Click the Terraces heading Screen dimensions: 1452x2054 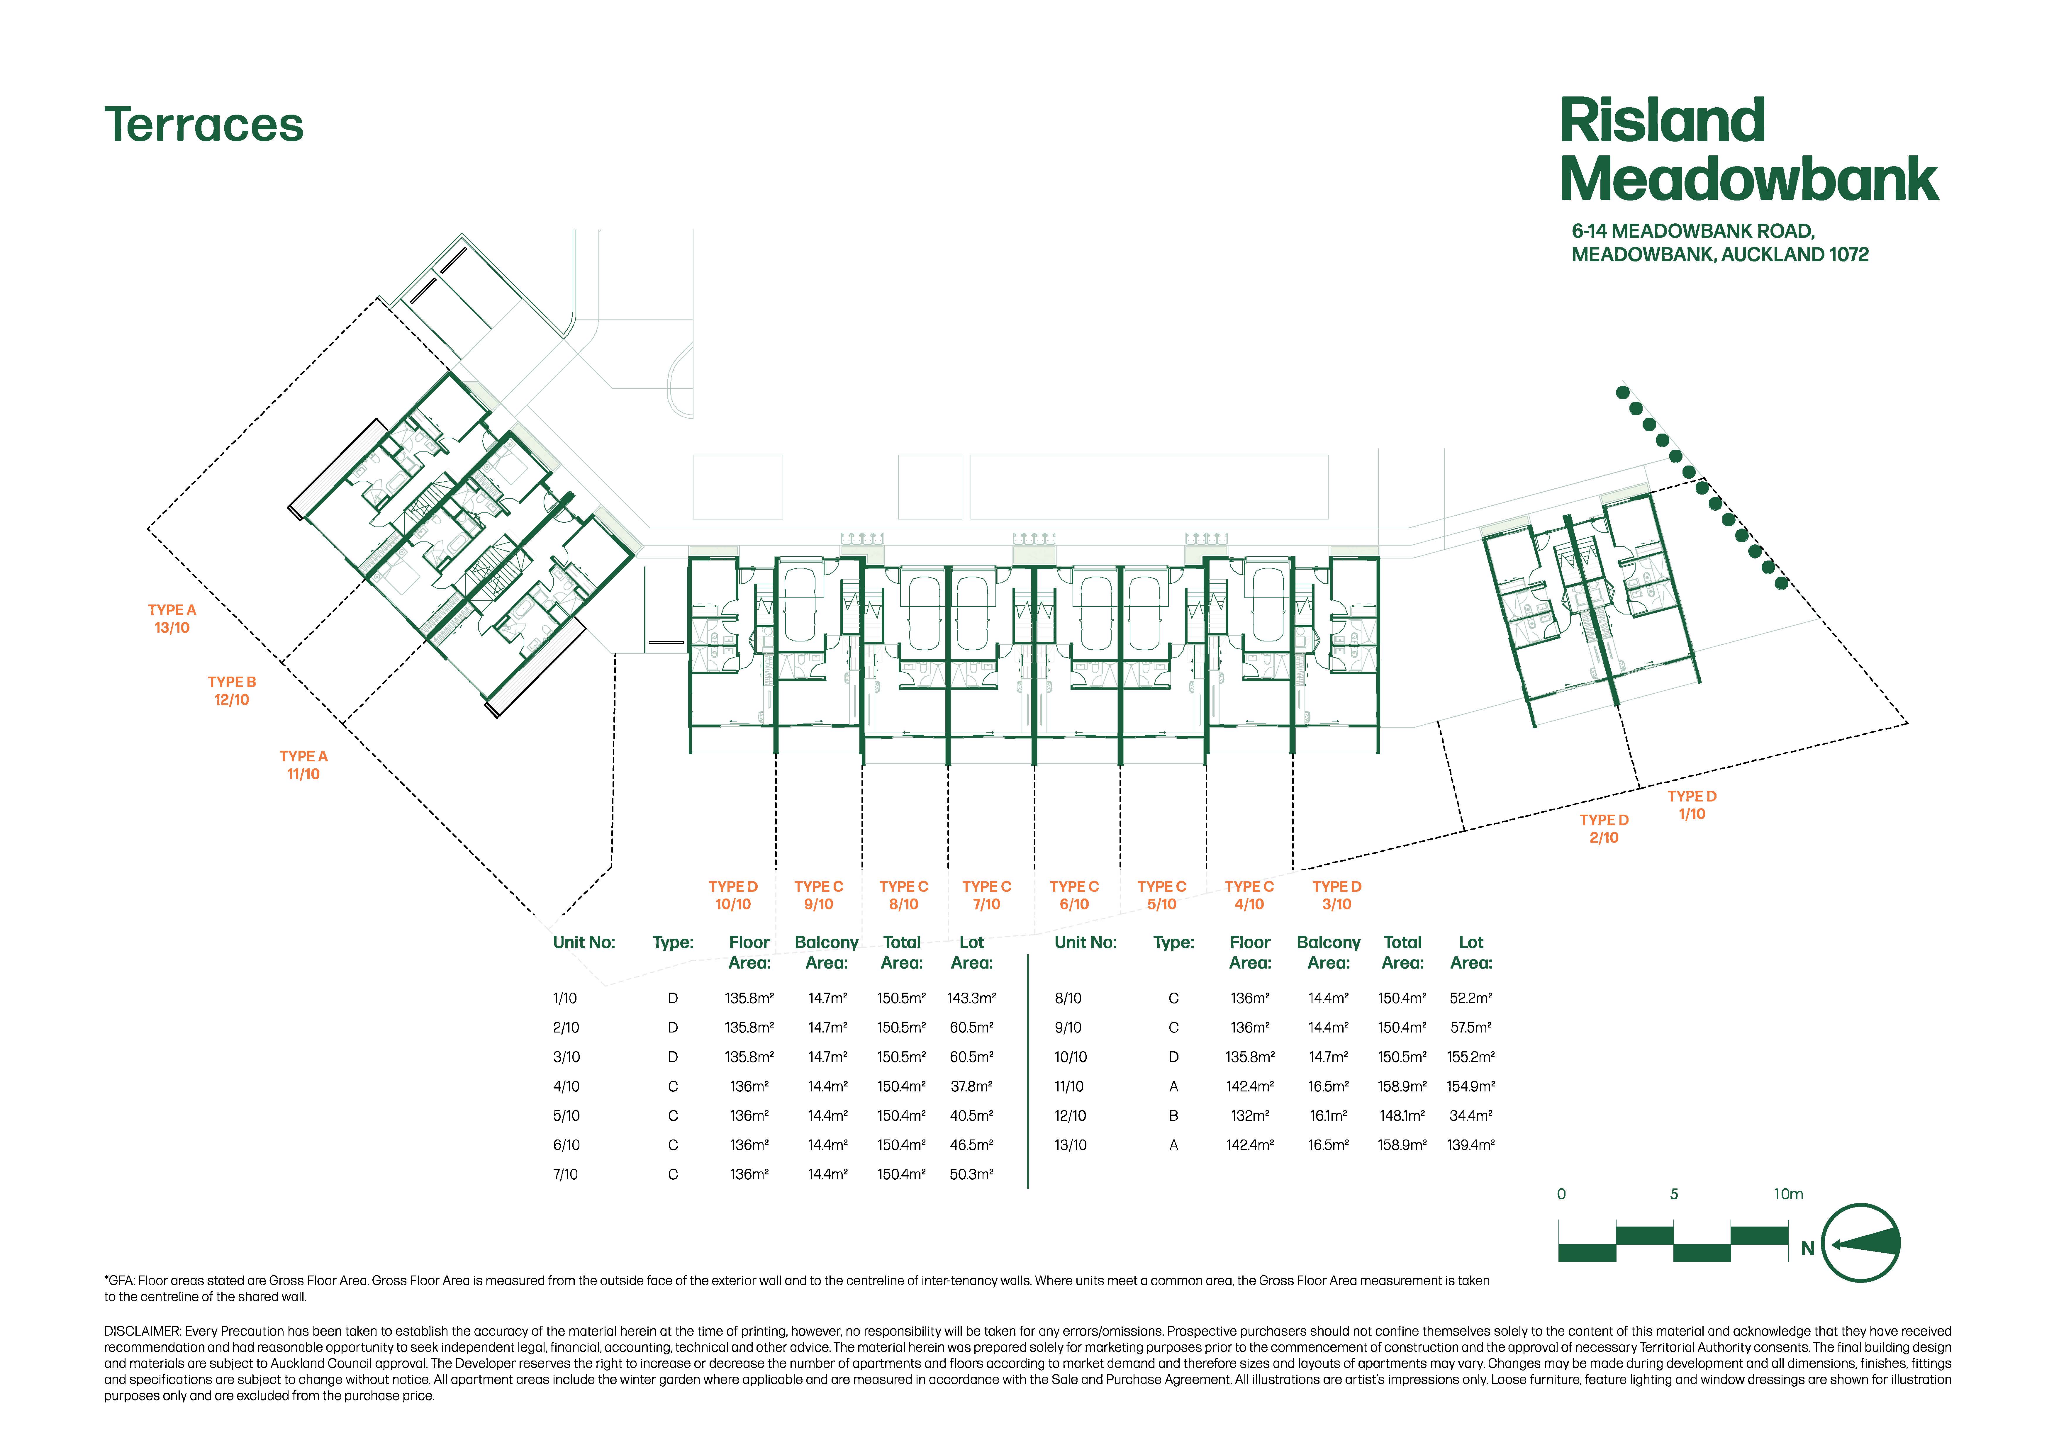(x=204, y=124)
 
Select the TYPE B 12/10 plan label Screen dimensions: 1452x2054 (x=232, y=691)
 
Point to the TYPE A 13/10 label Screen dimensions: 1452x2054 (x=172, y=618)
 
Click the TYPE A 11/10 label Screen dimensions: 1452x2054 (x=303, y=765)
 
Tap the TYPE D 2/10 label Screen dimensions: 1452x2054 (x=1604, y=828)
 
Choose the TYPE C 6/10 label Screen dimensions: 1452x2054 (x=1074, y=895)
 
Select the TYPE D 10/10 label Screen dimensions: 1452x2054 (x=733, y=895)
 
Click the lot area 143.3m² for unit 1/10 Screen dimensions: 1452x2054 (x=971, y=998)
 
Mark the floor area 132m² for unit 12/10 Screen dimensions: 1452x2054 (x=1250, y=1116)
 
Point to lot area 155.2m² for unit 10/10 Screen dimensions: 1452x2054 (x=1471, y=1057)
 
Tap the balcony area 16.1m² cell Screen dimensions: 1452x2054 (x=1329, y=1116)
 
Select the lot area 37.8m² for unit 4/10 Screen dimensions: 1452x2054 (x=971, y=1086)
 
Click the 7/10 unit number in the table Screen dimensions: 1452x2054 (x=565, y=1174)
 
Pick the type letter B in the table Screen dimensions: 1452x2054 (x=1174, y=1116)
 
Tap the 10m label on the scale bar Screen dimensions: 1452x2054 (x=1788, y=1194)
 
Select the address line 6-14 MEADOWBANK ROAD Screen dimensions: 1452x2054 (x=1692, y=231)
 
